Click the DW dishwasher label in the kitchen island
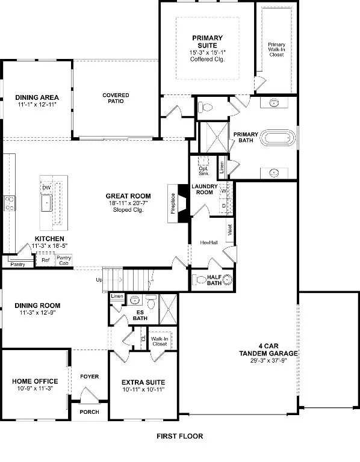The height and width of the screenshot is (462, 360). click(46, 188)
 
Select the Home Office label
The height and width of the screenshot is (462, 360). click(35, 381)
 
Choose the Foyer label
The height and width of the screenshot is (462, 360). click(89, 377)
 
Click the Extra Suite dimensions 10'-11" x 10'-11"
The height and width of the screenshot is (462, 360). click(143, 390)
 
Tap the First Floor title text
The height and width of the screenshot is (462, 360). click(179, 436)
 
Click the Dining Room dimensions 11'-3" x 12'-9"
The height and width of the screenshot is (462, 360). click(37, 313)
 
